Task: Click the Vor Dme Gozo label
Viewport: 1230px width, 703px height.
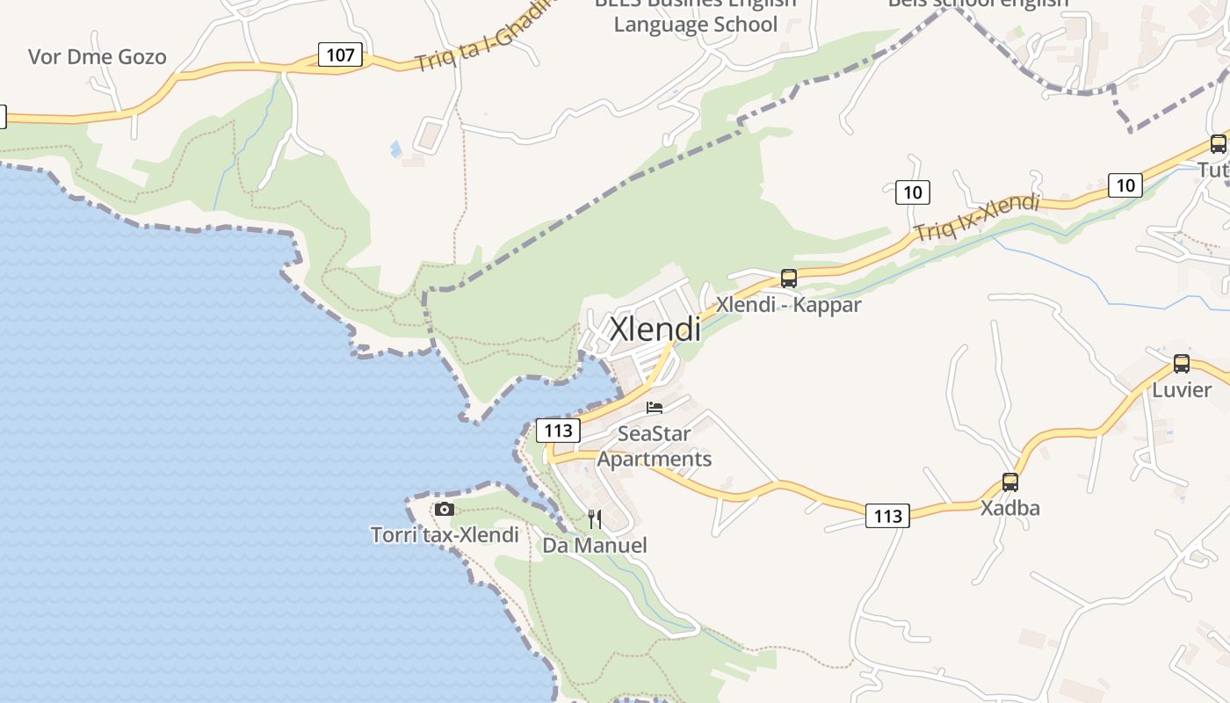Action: click(97, 57)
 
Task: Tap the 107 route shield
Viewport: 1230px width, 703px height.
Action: click(340, 55)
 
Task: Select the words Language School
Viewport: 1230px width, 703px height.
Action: click(695, 24)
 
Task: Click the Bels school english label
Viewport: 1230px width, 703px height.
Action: click(978, 4)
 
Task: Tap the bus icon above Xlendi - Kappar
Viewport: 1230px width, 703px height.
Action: click(789, 279)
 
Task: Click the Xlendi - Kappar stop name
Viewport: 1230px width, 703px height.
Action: click(788, 305)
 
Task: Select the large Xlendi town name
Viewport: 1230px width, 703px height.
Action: click(655, 330)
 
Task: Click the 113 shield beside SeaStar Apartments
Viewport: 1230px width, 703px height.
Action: click(558, 431)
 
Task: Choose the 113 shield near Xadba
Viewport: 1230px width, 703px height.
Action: click(887, 516)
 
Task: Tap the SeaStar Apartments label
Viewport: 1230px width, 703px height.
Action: click(655, 446)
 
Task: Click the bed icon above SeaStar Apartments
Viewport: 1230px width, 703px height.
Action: click(655, 407)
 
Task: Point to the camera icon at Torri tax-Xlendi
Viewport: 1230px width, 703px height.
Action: click(445, 510)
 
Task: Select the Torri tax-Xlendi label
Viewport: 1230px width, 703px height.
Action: click(445, 534)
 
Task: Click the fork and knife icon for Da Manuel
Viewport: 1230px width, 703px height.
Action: click(595, 519)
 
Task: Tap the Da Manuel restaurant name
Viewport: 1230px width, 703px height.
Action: click(595, 546)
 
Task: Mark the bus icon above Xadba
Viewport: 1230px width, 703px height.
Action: click(1010, 482)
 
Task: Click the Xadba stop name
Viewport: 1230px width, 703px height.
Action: click(1010, 508)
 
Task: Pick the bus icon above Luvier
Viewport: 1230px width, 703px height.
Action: click(1182, 364)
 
